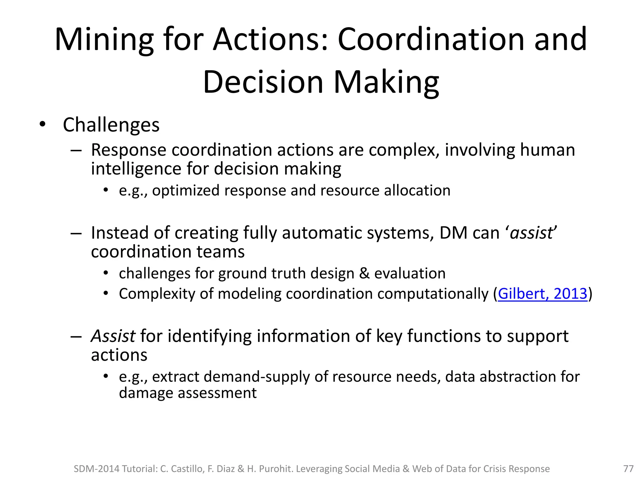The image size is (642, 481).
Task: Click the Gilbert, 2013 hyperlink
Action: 542,294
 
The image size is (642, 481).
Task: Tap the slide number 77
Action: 628,469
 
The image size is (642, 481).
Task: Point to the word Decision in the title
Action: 263,82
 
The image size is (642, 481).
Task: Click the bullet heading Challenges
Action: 111,125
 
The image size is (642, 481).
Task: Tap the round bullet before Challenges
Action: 43,125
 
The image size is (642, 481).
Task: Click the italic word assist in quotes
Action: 531,233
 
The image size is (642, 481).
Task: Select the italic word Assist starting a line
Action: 113,336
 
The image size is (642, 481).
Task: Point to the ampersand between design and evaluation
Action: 364,273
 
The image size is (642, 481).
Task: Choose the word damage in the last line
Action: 146,393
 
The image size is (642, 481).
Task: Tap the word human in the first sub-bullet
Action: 548,150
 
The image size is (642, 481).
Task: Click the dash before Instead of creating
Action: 76,233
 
